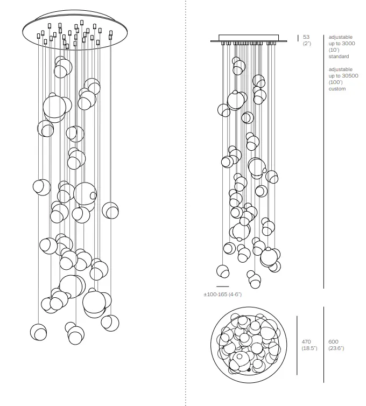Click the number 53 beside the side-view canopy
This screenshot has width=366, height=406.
[x=306, y=37]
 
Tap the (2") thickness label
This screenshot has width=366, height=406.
[x=307, y=44]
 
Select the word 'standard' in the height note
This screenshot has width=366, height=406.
[x=339, y=57]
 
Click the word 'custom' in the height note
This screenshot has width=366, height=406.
[x=337, y=89]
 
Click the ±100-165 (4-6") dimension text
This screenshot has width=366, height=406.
[x=222, y=295]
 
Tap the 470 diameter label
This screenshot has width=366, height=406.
[x=306, y=342]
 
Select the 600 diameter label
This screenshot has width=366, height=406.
[x=333, y=342]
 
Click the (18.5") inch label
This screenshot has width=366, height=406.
[x=309, y=348]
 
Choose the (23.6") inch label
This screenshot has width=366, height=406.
[x=336, y=348]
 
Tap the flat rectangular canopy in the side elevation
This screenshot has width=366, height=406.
[x=249, y=38]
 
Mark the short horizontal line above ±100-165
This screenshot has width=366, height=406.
[x=222, y=286]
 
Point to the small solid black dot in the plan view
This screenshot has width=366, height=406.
[x=248, y=370]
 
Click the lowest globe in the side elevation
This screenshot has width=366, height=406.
[x=254, y=279]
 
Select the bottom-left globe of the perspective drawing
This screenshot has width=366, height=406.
[x=39, y=332]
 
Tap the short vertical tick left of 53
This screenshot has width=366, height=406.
[x=298, y=38]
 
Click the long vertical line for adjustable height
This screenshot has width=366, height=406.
[x=323, y=162]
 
